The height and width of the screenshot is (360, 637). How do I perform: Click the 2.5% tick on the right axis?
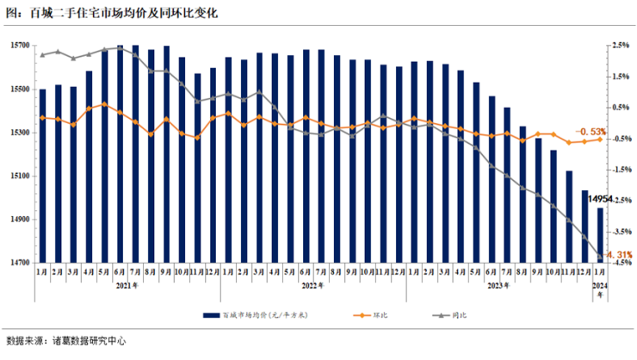pyautogui.click(x=622, y=46)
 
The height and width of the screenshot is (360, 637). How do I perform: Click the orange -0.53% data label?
pyautogui.click(x=591, y=131)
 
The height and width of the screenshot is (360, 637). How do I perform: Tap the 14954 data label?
pyautogui.click(x=601, y=200)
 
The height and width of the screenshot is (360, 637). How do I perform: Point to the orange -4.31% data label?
pyautogui.click(x=618, y=255)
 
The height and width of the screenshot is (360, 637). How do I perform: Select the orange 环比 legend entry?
pyautogui.click(x=370, y=316)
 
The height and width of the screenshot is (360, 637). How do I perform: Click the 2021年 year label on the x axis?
pyautogui.click(x=127, y=285)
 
